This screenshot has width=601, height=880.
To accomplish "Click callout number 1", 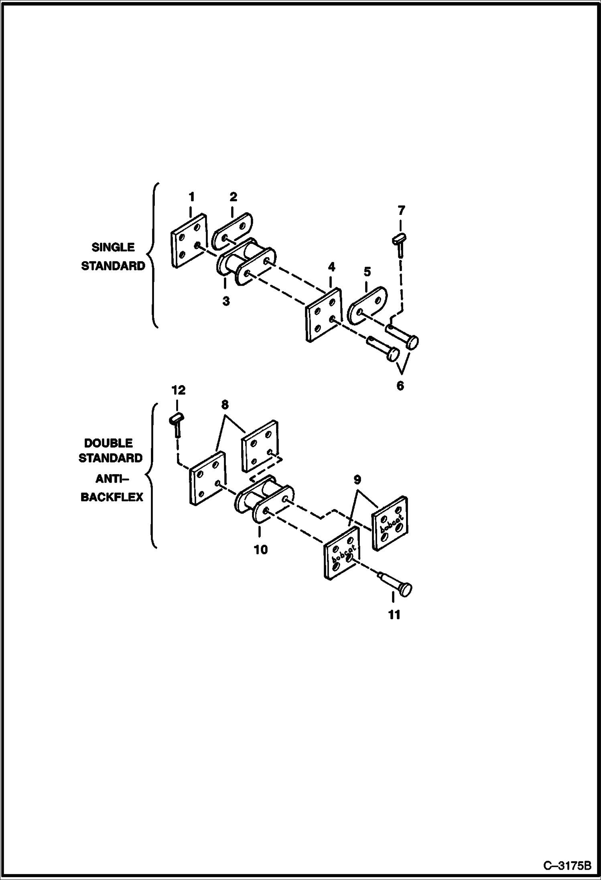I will pos(192,197).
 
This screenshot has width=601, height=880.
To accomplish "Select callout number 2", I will pos(233,197).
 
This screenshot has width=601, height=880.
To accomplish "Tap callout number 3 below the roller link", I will pos(226,301).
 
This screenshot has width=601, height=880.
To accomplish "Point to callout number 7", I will pos(401,210).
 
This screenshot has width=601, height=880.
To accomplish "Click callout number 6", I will pos(400,386).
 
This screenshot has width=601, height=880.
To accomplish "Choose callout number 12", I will pos(179,390).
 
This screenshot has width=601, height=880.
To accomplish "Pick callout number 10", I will pos(260,549).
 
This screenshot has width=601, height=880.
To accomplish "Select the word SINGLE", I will pos(113,247).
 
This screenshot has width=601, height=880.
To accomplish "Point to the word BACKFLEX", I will pos(112,497).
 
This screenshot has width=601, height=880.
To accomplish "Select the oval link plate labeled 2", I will pos(231,231).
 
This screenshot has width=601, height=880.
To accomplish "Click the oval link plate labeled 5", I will pos(366,305).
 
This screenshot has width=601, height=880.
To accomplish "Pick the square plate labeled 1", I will pos(189,240).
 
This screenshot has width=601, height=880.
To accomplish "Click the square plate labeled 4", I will pos(323,314).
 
